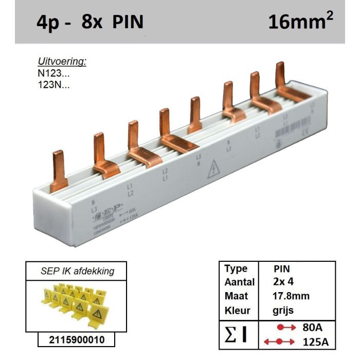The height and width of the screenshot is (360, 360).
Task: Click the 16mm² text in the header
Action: (x=300, y=22)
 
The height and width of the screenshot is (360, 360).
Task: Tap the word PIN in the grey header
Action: (x=127, y=22)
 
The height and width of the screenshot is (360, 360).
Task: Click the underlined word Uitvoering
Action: (x=62, y=62)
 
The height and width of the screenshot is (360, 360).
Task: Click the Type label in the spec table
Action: (x=236, y=268)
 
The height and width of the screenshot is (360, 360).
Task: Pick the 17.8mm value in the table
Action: (x=291, y=296)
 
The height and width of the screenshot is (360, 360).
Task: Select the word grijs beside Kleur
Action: (x=283, y=311)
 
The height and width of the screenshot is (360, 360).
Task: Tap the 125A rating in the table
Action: (x=316, y=341)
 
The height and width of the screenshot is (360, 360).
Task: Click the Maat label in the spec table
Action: (x=236, y=296)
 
